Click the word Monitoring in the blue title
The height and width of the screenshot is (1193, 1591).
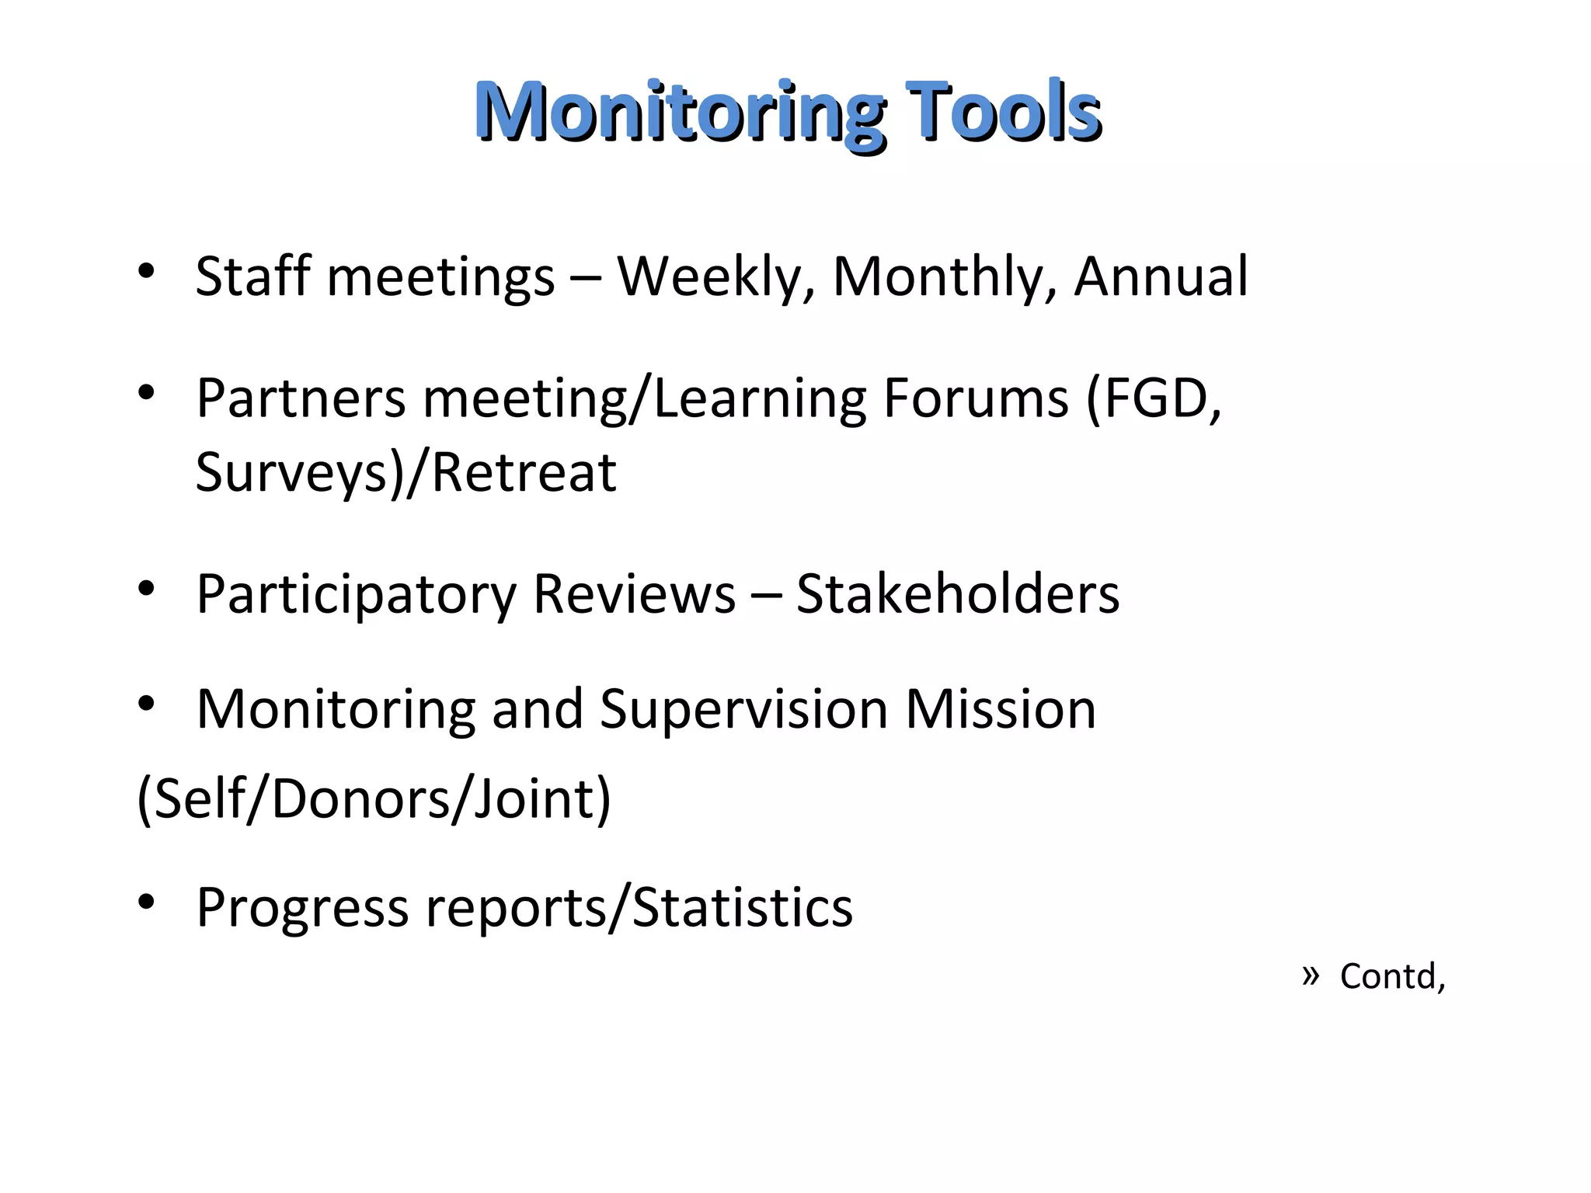pyautogui.click(x=680, y=113)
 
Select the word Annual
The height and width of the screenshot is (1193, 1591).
pyautogui.click(x=1161, y=277)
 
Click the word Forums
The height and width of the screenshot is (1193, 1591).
pyautogui.click(x=976, y=398)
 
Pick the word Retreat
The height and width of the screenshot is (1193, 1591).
pyautogui.click(x=524, y=473)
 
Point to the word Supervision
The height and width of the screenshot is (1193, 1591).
pyautogui.click(x=743, y=710)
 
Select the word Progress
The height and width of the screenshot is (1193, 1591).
pyautogui.click(x=302, y=908)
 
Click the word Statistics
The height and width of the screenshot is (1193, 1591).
pyautogui.click(x=743, y=908)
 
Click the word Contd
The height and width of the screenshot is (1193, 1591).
pyautogui.click(x=1391, y=976)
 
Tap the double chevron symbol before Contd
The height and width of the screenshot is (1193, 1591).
pyautogui.click(x=1311, y=974)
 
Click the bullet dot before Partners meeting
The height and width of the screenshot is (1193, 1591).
pyautogui.click(x=146, y=394)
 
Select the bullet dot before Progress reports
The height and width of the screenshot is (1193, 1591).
pyautogui.click(x=146, y=903)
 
